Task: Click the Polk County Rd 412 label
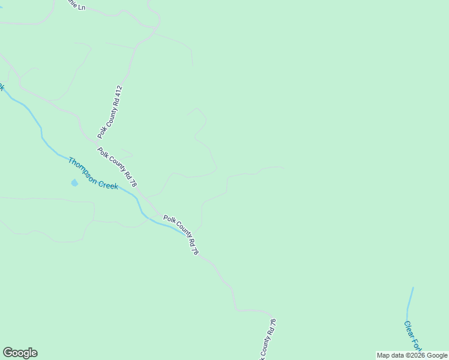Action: [x=110, y=112]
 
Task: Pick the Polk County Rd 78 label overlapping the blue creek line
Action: [x=181, y=233]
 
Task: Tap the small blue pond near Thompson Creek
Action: [x=74, y=182]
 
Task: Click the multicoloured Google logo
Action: [x=20, y=353]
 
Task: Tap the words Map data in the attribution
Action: [x=390, y=355]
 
